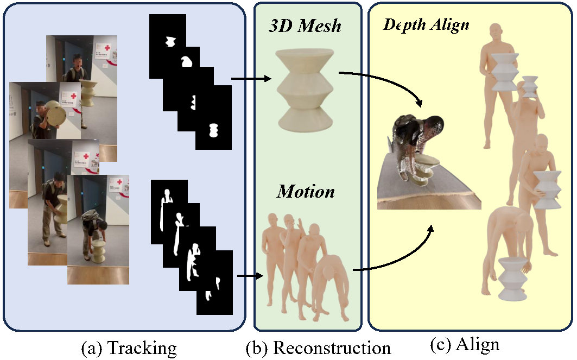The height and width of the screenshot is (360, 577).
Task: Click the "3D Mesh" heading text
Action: [x=306, y=26]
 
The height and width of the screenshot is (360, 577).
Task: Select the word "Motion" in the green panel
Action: [x=306, y=192]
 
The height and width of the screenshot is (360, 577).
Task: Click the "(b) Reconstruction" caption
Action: [x=318, y=347]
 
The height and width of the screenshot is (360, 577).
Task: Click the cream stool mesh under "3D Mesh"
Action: [x=305, y=90]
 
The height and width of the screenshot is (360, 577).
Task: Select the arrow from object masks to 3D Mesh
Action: [x=251, y=79]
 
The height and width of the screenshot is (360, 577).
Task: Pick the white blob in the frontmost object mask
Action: [x=213, y=131]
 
